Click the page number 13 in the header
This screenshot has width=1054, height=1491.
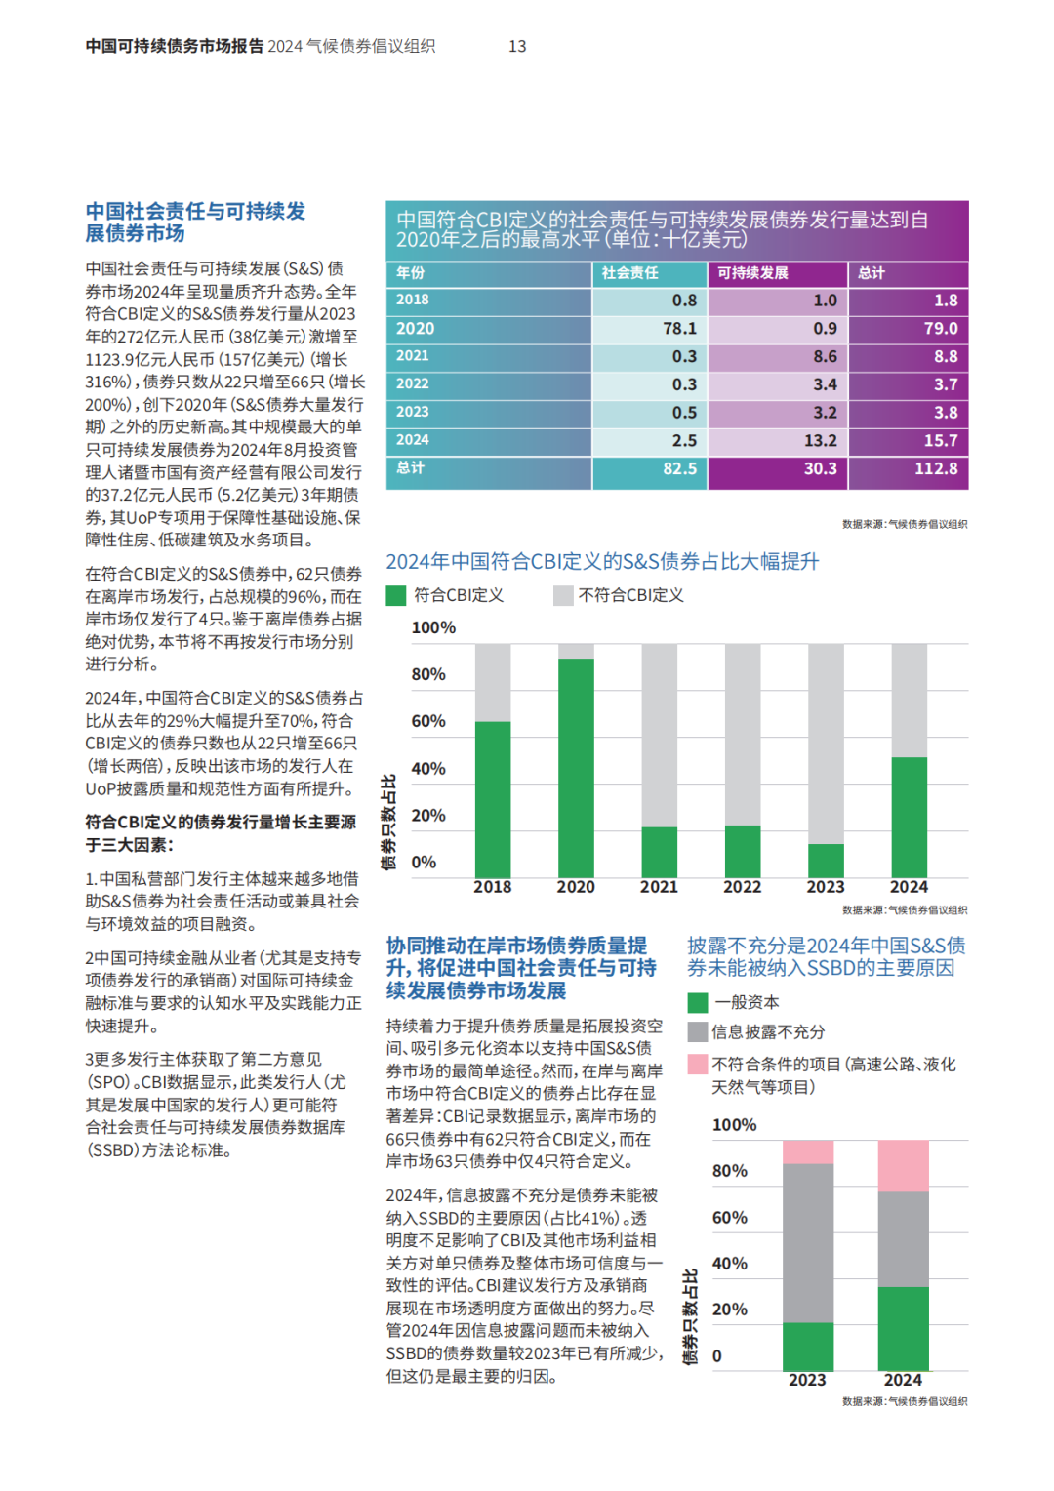(517, 46)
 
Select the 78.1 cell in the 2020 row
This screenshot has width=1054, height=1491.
(649, 329)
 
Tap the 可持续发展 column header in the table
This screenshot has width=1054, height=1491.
(752, 273)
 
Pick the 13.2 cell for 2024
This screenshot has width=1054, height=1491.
(777, 441)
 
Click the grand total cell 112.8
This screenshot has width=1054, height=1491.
(909, 470)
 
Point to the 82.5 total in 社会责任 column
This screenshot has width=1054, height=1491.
(649, 470)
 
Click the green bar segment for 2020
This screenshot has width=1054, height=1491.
(576, 768)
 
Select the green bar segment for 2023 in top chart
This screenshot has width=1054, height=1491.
(826, 861)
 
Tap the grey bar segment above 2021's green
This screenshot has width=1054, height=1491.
(659, 736)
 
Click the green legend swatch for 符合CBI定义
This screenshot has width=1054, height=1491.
(396, 596)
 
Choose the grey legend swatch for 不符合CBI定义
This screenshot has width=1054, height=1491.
(563, 596)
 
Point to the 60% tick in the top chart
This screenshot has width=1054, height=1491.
(428, 721)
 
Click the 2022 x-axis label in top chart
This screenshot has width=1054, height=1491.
(743, 887)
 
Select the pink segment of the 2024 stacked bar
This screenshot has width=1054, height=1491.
(903, 1165)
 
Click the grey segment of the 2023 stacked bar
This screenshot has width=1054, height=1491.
(808, 1243)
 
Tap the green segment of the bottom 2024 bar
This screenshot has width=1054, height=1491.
(903, 1329)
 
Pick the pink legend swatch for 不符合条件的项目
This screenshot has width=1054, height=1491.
(697, 1064)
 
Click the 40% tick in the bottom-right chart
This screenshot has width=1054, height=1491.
(729, 1264)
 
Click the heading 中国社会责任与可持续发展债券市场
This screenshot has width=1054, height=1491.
(195, 222)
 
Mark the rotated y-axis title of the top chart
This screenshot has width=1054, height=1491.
(388, 822)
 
